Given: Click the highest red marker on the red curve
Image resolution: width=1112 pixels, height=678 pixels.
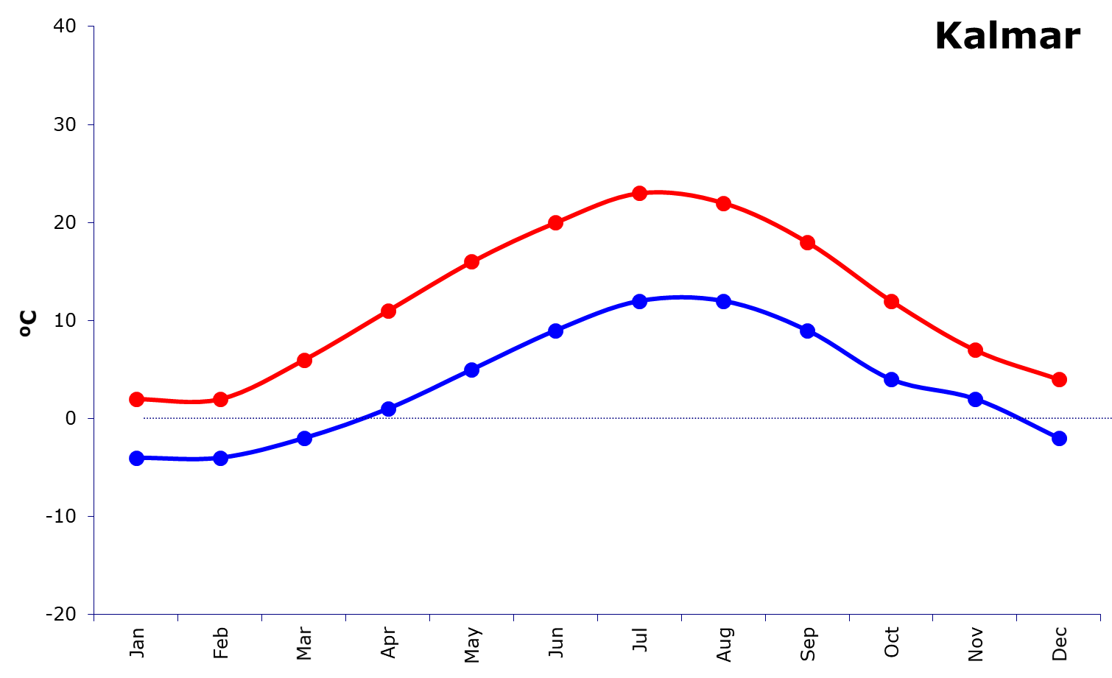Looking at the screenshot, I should coord(639,193).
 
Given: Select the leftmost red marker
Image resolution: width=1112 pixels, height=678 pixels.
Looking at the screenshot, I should coord(136,399).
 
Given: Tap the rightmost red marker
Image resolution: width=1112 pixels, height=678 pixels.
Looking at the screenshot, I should coord(1059,379).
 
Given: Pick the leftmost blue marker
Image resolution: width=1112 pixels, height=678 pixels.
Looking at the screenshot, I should coord(136,458).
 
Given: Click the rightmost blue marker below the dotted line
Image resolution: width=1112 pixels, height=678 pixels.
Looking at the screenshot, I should coord(1059,438).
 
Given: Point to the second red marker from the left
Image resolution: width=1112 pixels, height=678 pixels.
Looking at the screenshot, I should coord(220,400).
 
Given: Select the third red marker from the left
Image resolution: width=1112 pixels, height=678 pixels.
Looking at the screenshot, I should coord(304,360).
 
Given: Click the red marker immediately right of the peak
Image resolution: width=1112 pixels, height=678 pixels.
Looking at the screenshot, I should coord(723,203).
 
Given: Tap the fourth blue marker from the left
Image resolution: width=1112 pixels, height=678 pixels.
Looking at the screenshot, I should coord(388,409).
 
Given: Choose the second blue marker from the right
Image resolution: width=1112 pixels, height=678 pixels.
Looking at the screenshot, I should coord(975,399).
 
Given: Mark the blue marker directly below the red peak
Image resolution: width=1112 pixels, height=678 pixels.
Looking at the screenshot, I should coord(639,301).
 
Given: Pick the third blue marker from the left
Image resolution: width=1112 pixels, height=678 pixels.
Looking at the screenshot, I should coord(304,438).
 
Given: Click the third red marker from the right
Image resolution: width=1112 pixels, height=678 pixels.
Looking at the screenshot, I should coord(891,301).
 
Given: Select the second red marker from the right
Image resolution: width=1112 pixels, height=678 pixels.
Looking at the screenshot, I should coord(975,350).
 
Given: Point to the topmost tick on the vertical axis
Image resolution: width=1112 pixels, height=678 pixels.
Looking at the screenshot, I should coord(91,27).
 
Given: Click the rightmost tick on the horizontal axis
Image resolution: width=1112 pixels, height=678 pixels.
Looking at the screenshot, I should coord(1100,618).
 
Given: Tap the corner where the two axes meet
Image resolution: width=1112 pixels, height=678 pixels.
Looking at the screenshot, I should coord(94,614).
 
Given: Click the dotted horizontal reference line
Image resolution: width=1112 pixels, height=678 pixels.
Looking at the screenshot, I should coord(589,418).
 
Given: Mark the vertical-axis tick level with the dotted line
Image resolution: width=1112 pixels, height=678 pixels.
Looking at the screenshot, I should coord(91,418).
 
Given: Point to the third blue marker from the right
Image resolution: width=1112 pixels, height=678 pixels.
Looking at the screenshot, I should coord(891,379).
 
